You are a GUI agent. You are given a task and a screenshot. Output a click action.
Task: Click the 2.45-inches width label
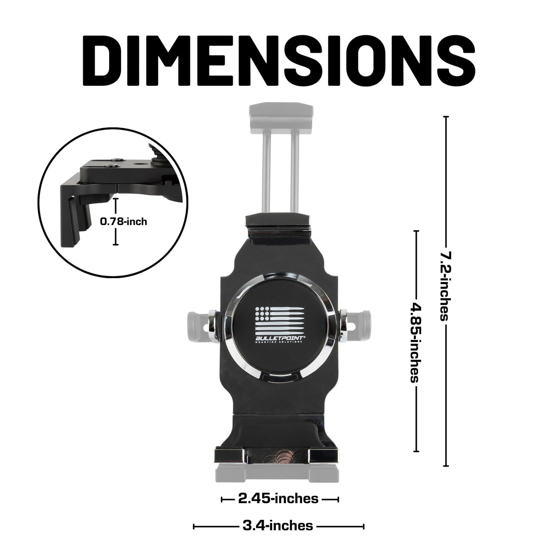coord(278,499)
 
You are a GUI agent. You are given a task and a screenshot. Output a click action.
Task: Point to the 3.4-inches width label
coord(278,526)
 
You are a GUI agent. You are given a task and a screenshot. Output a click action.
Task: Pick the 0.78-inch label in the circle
coord(123,221)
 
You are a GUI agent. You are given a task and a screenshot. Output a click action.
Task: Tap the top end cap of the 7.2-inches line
coord(446,117)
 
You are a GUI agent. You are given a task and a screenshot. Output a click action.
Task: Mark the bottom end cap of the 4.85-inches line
coord(416,451)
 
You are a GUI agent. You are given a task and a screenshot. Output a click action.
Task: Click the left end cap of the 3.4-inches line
coord(194,526)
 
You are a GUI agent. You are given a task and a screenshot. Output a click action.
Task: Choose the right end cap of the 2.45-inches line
coord(337,499)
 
